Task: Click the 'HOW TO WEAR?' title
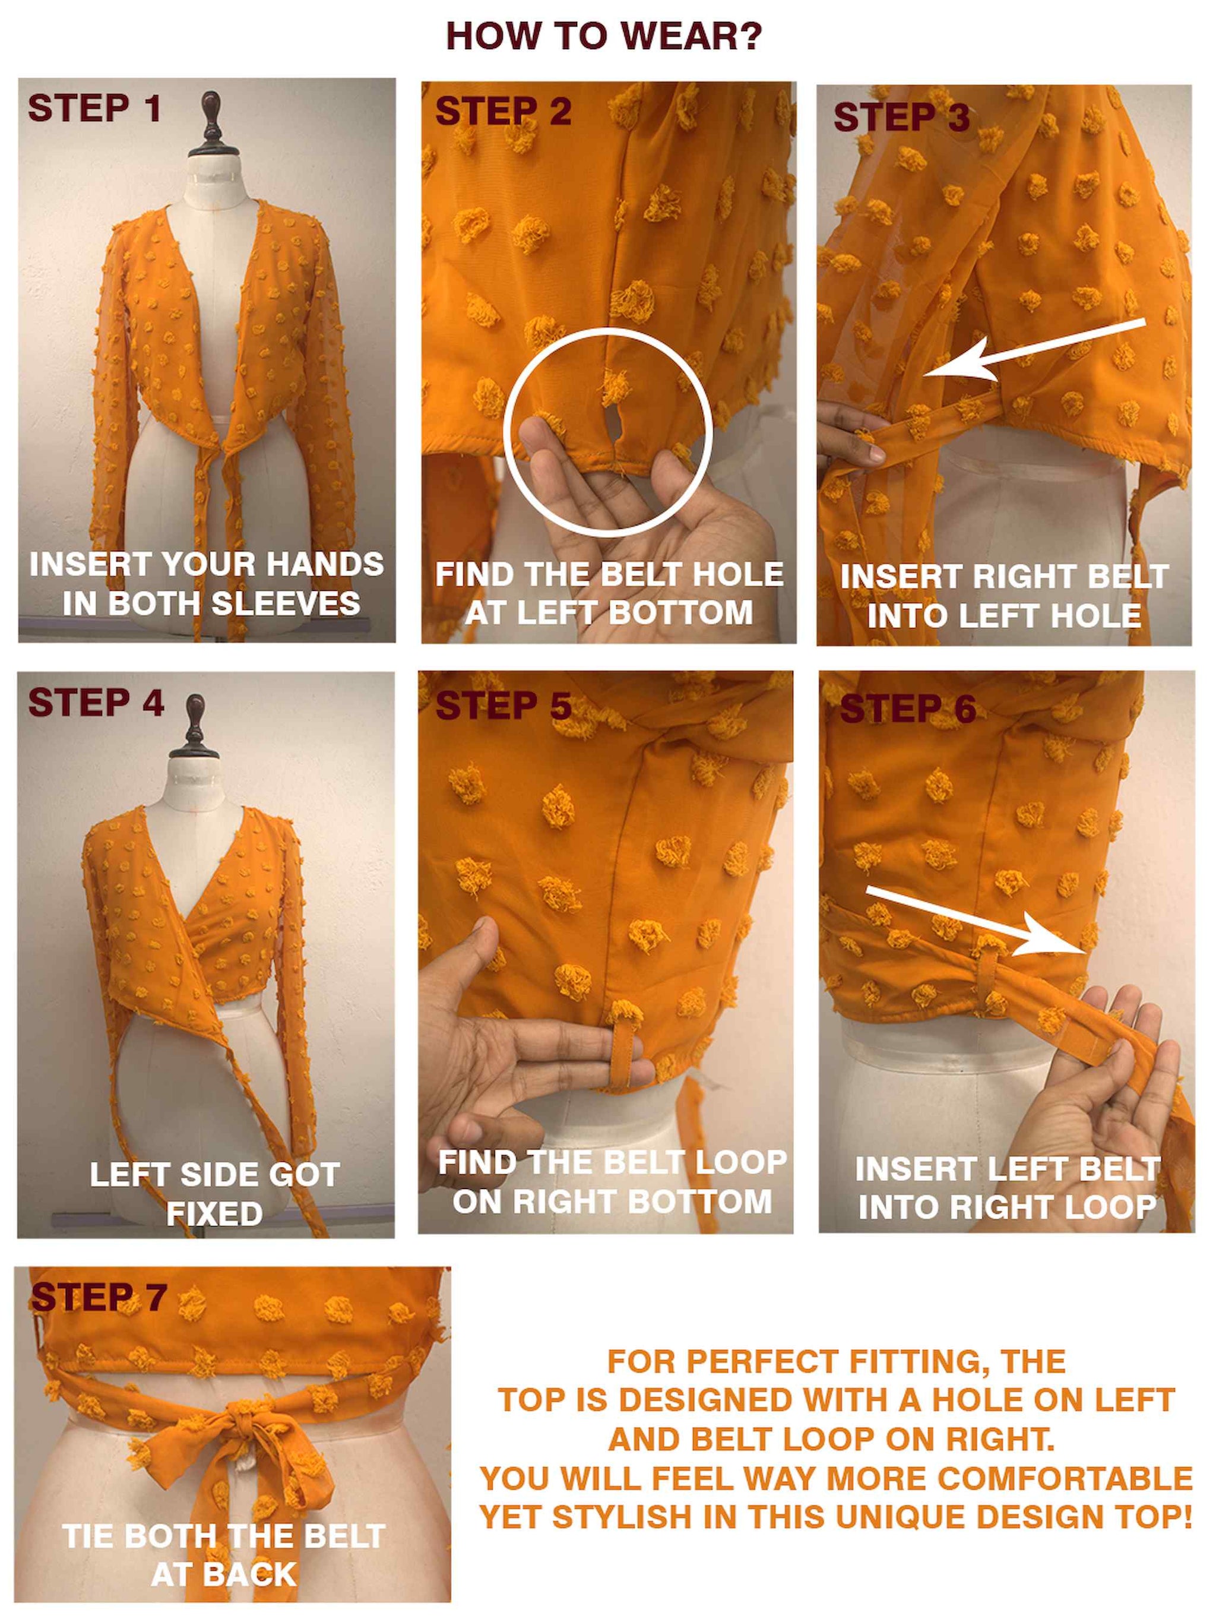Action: point(604,36)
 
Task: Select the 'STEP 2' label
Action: point(503,112)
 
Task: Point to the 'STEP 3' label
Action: point(901,118)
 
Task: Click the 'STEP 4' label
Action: point(96,703)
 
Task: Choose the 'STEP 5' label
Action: point(503,706)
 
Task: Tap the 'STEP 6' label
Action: point(907,709)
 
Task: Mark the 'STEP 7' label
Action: point(99,1297)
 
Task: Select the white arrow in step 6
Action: point(975,922)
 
